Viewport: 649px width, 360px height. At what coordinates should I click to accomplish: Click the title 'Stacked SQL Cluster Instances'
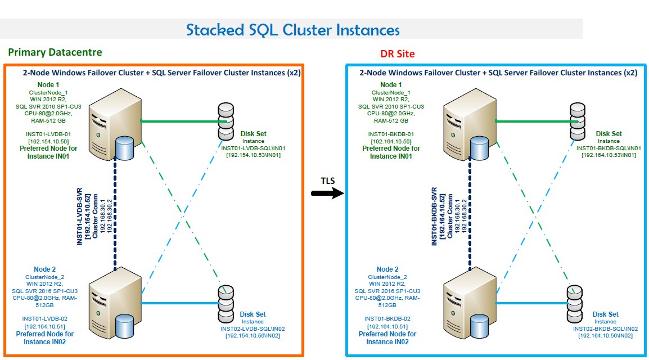pos(293,29)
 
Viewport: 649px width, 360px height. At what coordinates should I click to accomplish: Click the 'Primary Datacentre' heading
pos(55,52)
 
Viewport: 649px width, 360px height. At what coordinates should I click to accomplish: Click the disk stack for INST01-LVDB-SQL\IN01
pos(226,121)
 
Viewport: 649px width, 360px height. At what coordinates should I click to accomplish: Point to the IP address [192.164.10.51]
pos(387,326)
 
